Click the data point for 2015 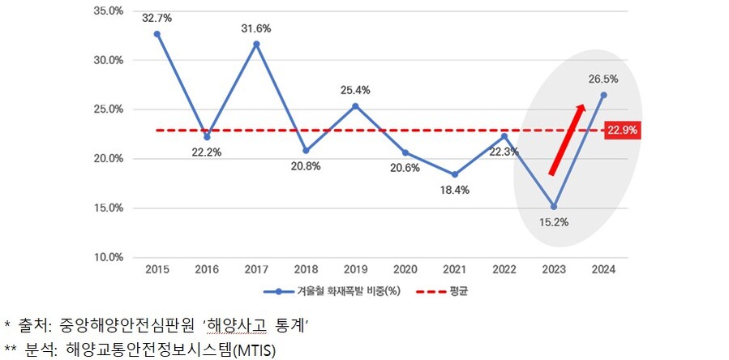tap(157, 34)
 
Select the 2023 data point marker tap(553, 206)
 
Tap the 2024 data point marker tap(602, 95)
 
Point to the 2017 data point tap(256, 44)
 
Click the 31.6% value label tap(256, 28)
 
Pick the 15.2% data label tap(553, 221)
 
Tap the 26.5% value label tap(604, 79)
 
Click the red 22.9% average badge tap(623, 130)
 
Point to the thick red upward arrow tap(567, 139)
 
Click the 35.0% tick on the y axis tap(108, 11)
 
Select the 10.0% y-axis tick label tap(108, 257)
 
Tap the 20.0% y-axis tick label tap(108, 159)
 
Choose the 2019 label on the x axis tap(355, 268)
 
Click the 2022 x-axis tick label tap(504, 268)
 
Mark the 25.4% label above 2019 tap(355, 90)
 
